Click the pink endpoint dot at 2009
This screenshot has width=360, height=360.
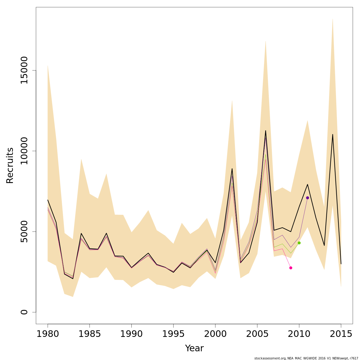coord(291,268)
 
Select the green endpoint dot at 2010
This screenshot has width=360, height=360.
coord(299,243)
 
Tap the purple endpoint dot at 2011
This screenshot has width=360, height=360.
coord(307,198)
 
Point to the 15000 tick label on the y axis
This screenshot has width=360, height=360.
coord(24,70)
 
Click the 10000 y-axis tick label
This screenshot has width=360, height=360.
coord(24,151)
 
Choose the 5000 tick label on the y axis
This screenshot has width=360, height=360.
coord(24,232)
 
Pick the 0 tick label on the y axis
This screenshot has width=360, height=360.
coord(24,312)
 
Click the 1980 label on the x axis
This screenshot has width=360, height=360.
coord(48,334)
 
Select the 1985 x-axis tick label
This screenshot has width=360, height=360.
coord(90,334)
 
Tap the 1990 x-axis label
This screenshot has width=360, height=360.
coord(131,334)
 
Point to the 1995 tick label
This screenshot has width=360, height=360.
coord(173,334)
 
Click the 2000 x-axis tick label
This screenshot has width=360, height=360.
coord(215,334)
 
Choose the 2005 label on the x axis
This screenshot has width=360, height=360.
coord(257,334)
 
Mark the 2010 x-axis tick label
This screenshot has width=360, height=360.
coord(299,334)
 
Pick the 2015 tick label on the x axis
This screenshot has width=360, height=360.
coord(341,334)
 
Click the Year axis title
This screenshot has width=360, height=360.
coord(194,348)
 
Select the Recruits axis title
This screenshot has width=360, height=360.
coord(10,166)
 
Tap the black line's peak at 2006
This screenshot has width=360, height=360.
coord(265,130)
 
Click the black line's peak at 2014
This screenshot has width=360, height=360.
coord(333,134)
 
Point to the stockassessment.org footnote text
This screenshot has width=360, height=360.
coord(306,358)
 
